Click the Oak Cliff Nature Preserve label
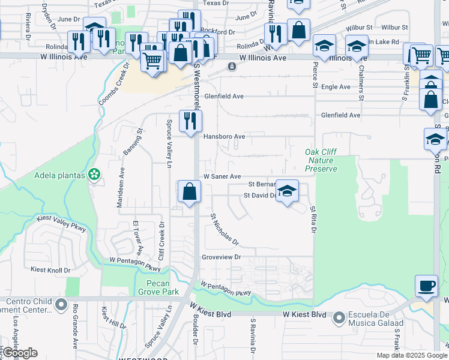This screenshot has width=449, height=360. point(321,160)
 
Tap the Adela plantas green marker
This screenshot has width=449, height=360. point(94,175)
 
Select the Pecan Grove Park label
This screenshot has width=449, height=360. point(163,287)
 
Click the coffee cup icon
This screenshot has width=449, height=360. point(426,286)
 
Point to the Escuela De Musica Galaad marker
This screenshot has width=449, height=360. point(339,316)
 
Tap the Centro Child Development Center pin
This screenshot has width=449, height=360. point(61,305)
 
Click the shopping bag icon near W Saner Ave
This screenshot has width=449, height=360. point(189,192)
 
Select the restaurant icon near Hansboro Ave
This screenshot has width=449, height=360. point(190,121)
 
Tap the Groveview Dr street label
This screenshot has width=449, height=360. point(221,256)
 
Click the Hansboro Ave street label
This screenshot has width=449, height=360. point(224,136)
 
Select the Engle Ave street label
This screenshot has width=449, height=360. point(336,87)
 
